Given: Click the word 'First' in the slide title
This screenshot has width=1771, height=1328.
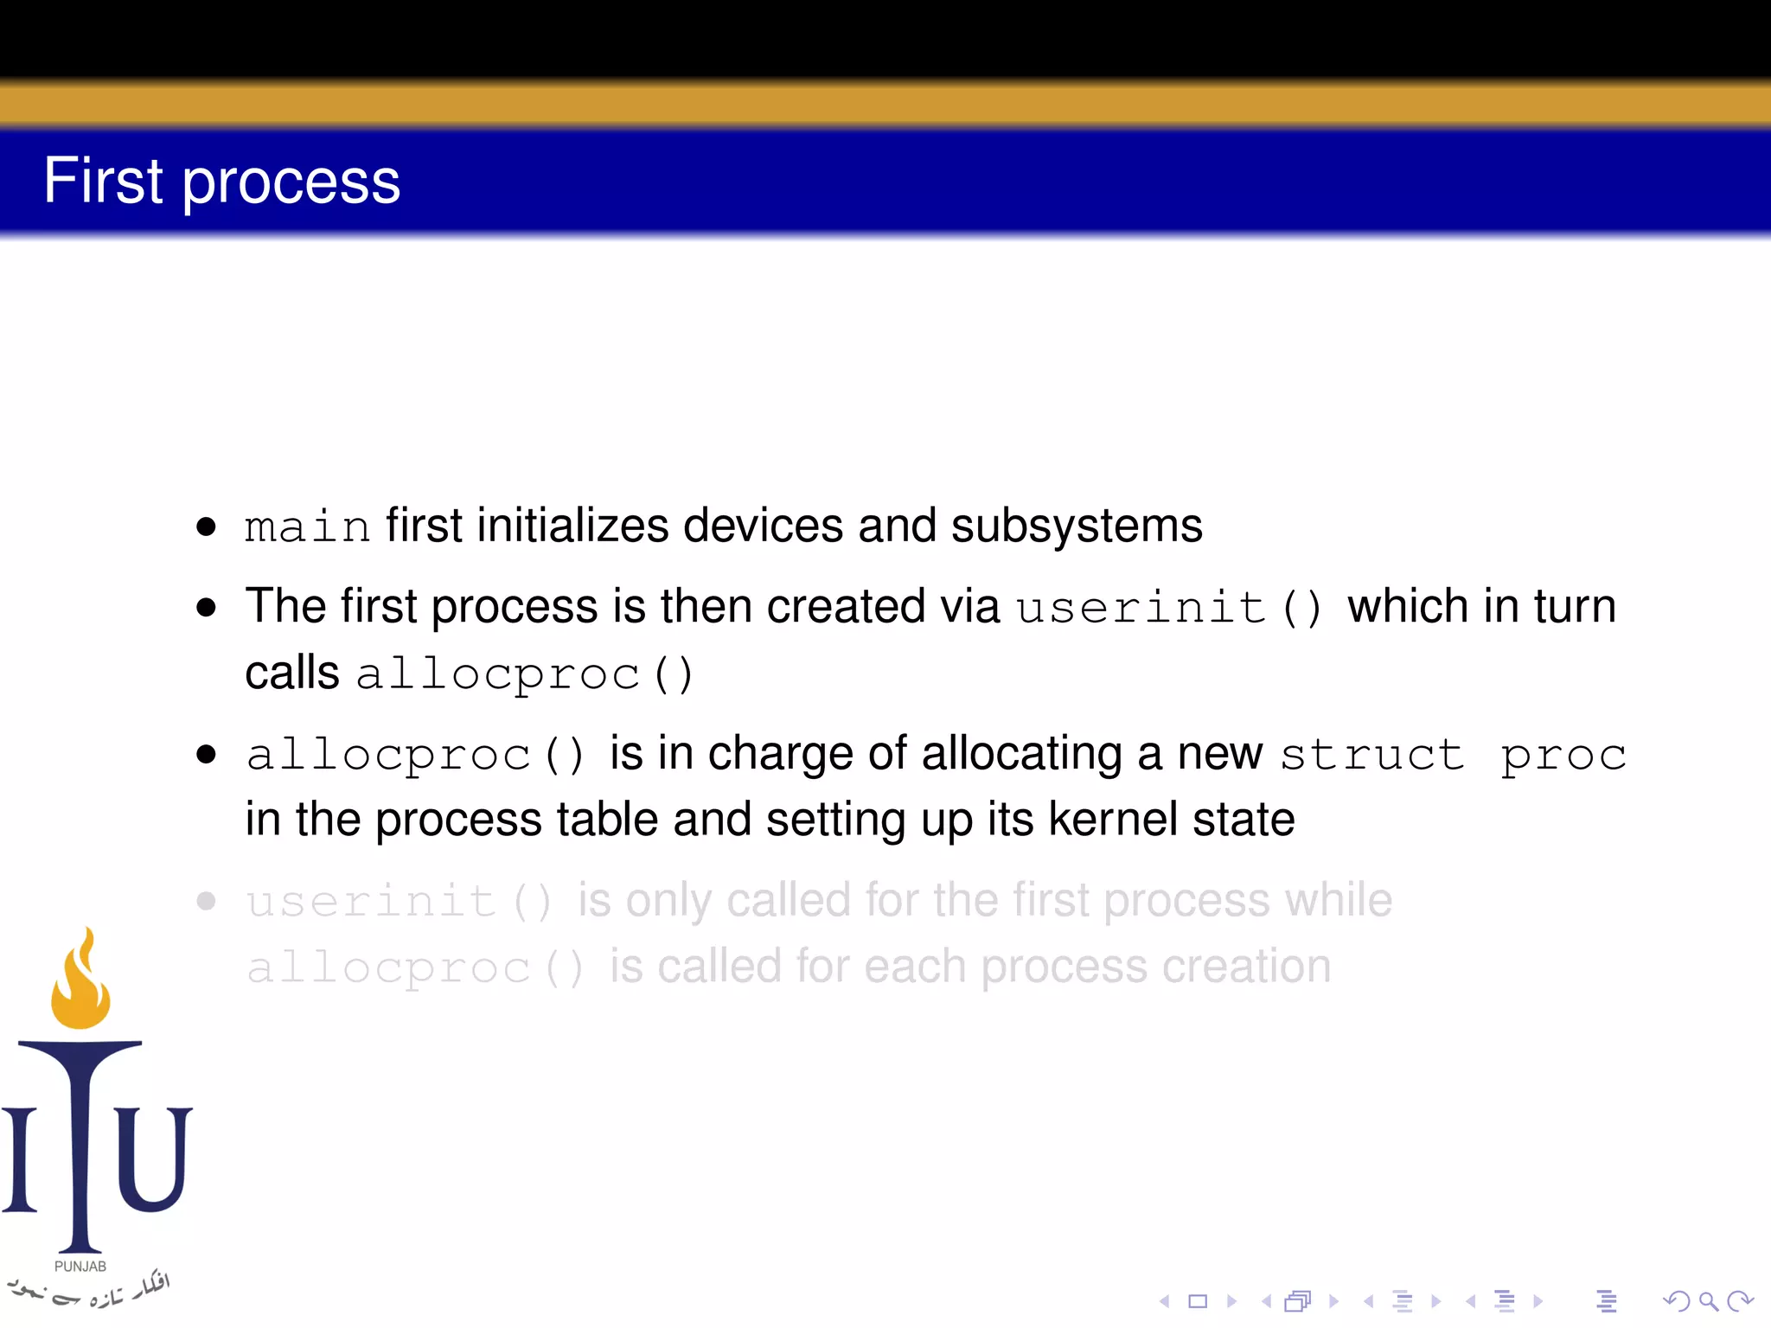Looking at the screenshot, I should [103, 181].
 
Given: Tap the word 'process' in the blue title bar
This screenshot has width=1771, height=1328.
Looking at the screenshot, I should [291, 183].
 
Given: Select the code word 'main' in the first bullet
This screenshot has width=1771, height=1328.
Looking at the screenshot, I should [307, 527].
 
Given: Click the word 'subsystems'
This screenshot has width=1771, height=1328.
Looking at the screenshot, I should [1077, 526].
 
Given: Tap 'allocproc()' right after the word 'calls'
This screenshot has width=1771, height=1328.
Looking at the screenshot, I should [524, 674].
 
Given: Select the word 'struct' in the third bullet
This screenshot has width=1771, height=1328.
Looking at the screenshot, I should [1371, 754].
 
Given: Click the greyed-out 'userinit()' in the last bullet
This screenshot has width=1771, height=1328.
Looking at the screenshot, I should [399, 902].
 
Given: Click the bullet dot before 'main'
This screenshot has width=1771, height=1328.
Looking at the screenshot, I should [206, 527].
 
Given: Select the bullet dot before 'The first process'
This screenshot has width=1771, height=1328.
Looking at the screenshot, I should [206, 607].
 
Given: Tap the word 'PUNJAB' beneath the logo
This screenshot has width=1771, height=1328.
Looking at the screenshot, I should [80, 1267].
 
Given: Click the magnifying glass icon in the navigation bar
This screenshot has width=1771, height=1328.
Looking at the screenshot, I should [1707, 1300].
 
